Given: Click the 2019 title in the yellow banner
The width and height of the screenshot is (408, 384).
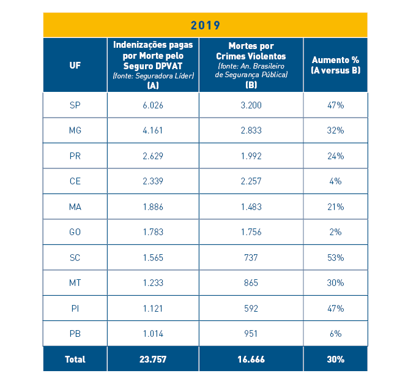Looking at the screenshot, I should point(205,25).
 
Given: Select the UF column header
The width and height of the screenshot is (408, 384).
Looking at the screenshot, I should point(75,65).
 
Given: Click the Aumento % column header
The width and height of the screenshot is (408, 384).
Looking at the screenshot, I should point(335,65).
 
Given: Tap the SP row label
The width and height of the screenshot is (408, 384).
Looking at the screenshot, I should point(75,105).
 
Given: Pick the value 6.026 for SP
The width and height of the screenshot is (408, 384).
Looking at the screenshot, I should point(153,105).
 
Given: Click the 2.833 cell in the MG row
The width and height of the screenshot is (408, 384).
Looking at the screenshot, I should point(251,130).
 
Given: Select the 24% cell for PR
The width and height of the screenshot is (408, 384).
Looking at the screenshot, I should point(335,156).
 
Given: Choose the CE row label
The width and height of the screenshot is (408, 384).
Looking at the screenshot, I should point(75,181).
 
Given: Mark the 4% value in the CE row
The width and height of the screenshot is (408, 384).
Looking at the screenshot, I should point(335,181).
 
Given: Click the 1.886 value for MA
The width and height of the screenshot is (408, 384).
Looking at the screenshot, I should point(153,207).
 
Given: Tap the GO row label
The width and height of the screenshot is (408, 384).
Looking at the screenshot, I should point(75,232).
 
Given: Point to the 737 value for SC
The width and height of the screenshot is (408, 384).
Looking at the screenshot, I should point(251,258).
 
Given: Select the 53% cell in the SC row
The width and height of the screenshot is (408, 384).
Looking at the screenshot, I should point(335,258).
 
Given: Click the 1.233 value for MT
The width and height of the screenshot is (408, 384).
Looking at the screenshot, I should point(153,283).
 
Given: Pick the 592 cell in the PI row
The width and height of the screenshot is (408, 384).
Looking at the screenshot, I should point(251,309).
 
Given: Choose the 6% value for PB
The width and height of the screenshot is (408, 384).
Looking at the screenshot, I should point(335,334).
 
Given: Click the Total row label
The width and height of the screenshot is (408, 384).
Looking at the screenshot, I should point(75,360).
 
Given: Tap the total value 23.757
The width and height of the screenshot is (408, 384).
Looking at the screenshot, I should point(153,360).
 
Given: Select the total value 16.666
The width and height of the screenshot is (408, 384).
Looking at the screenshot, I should point(251,360).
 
